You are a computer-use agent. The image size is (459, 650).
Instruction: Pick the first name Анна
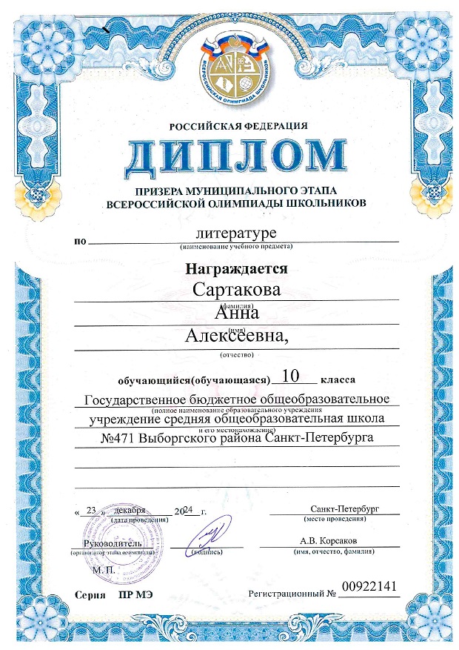tap(236, 314)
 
